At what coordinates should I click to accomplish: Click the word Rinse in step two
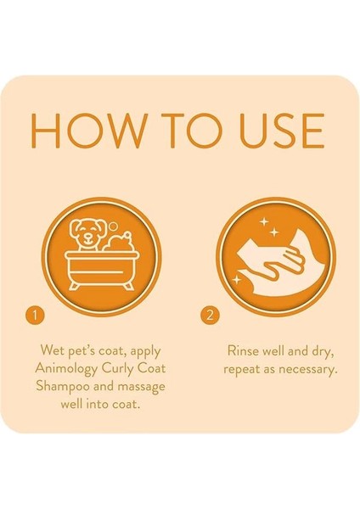(245, 350)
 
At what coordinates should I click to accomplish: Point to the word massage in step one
(139, 386)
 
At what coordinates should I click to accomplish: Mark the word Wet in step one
(53, 350)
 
